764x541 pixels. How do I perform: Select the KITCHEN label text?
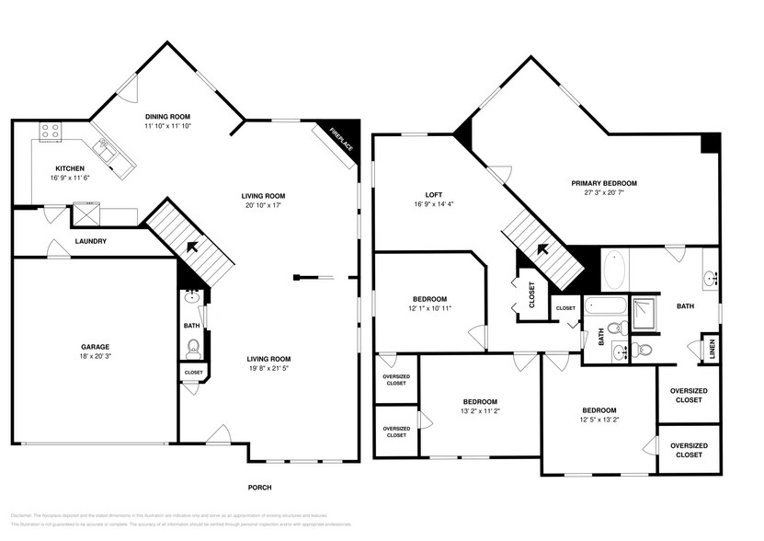70,168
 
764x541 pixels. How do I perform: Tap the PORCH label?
260,488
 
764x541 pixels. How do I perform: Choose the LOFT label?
434,195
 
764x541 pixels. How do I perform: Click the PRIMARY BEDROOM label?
603,183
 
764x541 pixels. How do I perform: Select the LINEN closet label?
710,350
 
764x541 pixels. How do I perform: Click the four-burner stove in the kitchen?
49,131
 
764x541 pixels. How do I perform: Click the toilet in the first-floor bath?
193,347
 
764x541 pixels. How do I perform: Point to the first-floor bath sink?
192,297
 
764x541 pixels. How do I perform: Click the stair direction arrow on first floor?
193,247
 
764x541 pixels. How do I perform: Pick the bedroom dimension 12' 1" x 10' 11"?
429,309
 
